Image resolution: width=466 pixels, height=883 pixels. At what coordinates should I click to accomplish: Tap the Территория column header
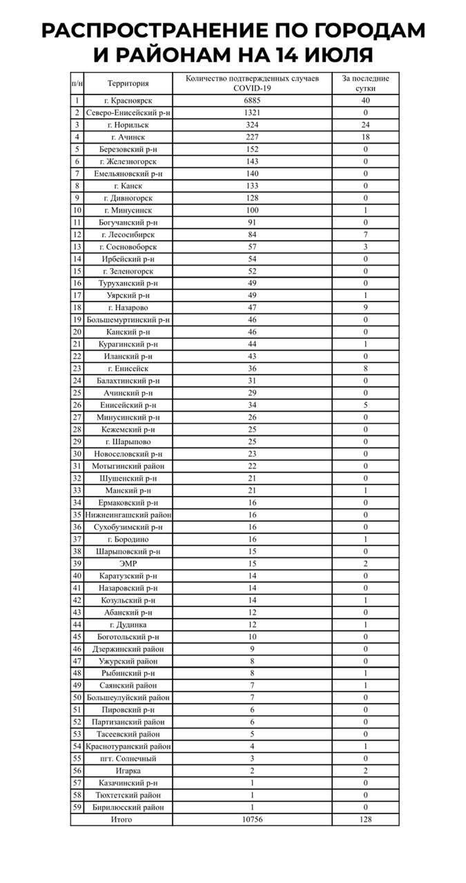128,83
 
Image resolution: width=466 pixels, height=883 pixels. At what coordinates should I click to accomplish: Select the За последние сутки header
365,83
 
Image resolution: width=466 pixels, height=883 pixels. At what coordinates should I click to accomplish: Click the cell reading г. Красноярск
128,101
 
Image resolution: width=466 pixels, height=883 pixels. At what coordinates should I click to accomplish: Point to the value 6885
251,101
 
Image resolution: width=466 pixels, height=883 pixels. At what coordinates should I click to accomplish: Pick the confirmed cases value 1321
251,112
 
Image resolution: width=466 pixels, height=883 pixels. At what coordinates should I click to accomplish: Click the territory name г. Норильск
128,125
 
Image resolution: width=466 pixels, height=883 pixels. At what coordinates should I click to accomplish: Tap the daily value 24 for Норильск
365,125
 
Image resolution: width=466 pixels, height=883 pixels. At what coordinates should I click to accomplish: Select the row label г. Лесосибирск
128,235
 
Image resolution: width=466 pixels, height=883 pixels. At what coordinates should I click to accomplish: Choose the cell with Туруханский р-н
128,283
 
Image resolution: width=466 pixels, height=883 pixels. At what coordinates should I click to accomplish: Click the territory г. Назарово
128,308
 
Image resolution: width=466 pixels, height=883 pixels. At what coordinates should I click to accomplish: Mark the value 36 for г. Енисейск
251,368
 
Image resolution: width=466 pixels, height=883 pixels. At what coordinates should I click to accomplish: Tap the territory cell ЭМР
128,564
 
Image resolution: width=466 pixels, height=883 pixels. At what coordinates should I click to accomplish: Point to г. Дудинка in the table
128,624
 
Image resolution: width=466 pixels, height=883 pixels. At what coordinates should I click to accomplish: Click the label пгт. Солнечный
128,758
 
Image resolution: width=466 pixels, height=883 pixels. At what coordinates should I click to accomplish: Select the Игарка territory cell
128,771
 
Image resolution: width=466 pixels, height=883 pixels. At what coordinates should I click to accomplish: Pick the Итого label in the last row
122,820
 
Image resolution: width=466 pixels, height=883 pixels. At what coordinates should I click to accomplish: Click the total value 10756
251,820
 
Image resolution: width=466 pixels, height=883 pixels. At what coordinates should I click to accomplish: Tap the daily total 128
365,820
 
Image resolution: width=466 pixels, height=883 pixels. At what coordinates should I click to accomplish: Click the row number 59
77,807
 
